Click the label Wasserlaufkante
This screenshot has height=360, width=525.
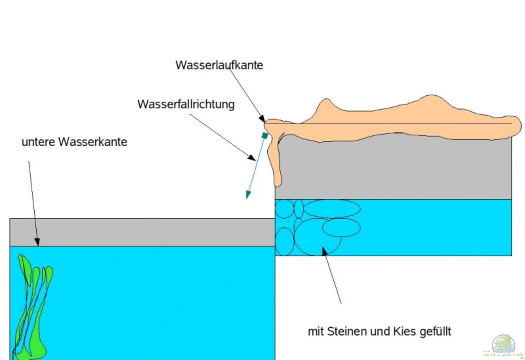pos(219,65)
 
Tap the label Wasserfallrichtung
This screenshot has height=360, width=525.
pos(186,104)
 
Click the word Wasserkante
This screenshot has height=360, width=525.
pos(93,142)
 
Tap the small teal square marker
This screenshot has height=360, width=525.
pos(265,135)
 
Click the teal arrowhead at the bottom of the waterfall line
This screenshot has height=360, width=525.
pos(248,195)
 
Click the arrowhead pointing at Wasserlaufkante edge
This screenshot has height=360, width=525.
pos(262,120)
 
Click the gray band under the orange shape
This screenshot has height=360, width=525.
pos(393,170)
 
